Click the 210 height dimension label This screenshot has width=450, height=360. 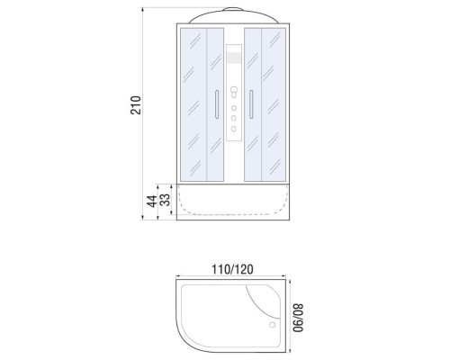click(136, 105)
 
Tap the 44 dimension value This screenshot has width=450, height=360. click(152, 201)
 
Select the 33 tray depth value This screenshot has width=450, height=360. click(165, 200)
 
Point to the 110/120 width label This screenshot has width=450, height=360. click(232, 269)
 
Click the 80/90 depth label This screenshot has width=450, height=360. click(298, 318)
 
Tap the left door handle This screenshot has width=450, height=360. click(217, 104)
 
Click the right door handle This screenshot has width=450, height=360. click(251, 104)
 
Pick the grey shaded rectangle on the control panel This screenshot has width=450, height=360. click(234, 58)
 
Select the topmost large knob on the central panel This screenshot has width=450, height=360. click(234, 89)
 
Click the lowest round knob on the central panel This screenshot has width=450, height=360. click(234, 129)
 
